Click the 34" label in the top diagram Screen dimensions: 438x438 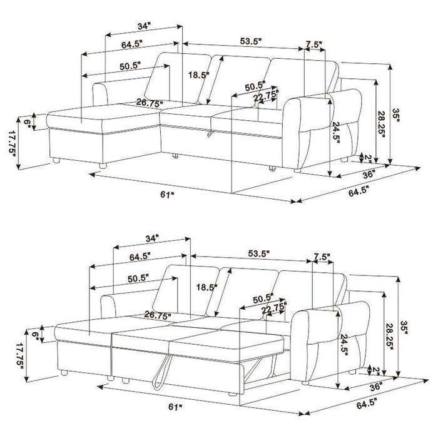(x=144, y=27)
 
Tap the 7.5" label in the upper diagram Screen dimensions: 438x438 (x=313, y=45)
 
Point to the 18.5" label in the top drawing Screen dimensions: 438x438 (x=198, y=74)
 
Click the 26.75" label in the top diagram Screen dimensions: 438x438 (x=150, y=103)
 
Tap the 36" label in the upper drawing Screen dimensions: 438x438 (x=368, y=173)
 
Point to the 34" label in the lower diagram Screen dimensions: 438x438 (x=150, y=238)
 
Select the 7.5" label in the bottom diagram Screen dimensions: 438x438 (x=322, y=257)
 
